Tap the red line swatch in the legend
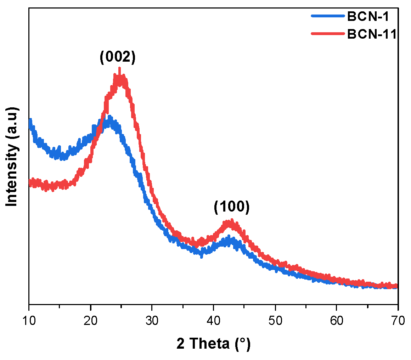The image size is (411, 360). coord(328,33)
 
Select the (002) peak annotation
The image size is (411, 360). coord(118,57)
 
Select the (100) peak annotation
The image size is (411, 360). coord(232,207)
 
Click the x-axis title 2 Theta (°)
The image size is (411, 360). coord(213,344)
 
